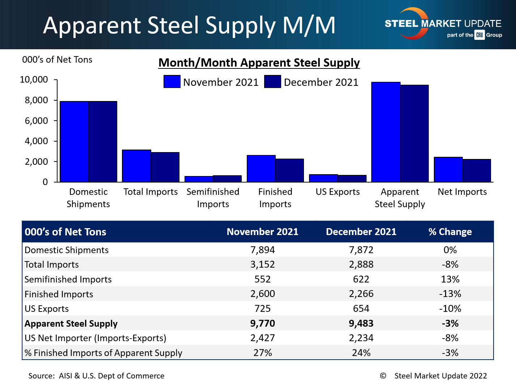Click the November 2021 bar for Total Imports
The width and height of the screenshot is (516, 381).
[x=136, y=166]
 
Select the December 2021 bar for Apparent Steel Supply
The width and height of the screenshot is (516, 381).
[x=414, y=133]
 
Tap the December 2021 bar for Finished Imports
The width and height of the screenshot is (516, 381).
[x=289, y=170]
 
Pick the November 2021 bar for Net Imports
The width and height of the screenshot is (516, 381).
[x=448, y=169]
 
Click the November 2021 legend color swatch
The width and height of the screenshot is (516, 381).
[x=172, y=82]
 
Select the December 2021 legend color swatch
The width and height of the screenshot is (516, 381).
[x=272, y=82]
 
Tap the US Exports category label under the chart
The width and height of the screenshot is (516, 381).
[x=338, y=192]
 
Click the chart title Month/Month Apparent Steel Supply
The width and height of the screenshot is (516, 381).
[x=259, y=63]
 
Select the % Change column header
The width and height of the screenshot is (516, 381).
[x=450, y=232]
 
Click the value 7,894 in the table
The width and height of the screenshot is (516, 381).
[x=262, y=250]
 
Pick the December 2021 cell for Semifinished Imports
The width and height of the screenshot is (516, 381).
[x=361, y=279]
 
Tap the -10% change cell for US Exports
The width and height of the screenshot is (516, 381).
[x=450, y=309]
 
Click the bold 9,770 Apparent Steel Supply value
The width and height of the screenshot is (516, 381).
[x=262, y=323]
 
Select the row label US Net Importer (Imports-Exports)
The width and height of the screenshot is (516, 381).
[x=95, y=338]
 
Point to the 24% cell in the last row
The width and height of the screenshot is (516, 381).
[x=361, y=353]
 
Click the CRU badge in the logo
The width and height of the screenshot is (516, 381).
[x=479, y=35]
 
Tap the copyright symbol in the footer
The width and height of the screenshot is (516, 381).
[x=383, y=376]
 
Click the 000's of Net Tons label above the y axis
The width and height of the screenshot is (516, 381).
[x=57, y=60]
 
